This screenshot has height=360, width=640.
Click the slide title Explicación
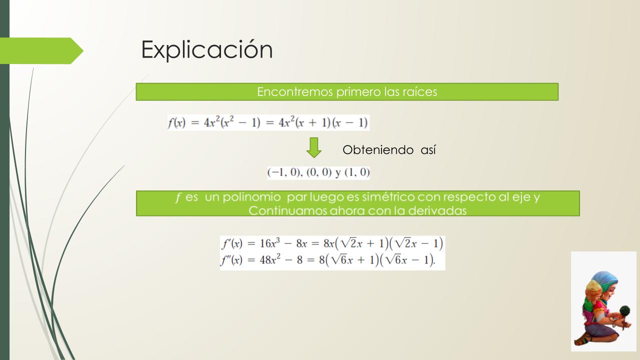tap(207, 49)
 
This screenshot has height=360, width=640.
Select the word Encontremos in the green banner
tap(295, 91)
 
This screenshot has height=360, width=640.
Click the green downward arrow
tap(313, 147)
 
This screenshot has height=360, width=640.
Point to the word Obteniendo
tap(378, 149)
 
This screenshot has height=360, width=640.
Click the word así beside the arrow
tap(428, 149)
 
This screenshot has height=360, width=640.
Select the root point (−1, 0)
tap(284, 172)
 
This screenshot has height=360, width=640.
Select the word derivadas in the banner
tap(437, 211)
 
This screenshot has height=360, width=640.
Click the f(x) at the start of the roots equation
tap(176, 123)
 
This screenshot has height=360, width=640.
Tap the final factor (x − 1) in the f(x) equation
tap(350, 123)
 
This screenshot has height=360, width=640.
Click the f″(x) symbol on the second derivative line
tap(231, 259)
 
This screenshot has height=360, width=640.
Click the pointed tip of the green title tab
tap(83, 51)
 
